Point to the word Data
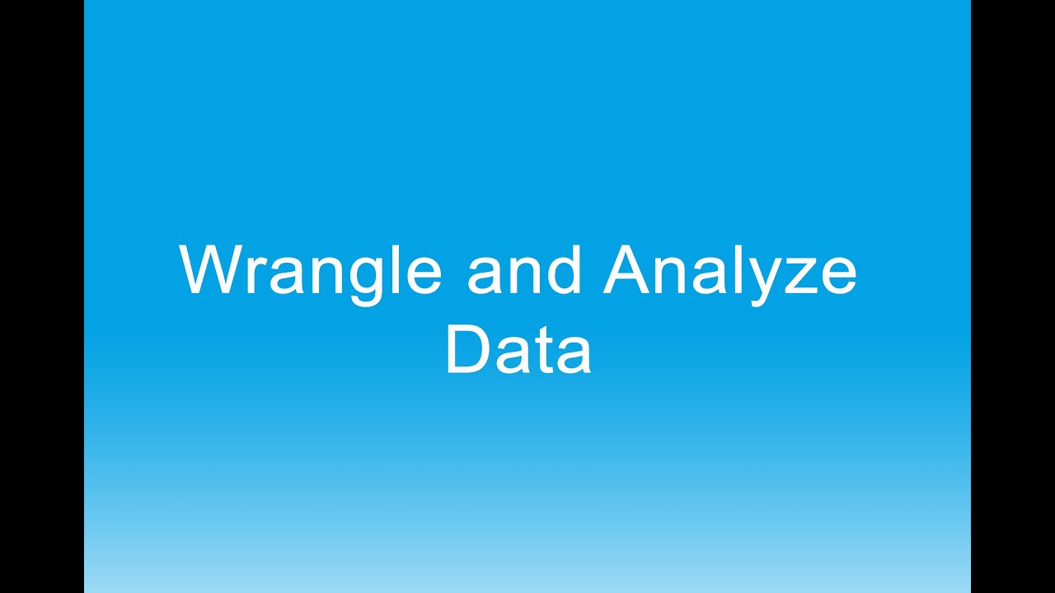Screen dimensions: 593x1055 (x=518, y=350)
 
